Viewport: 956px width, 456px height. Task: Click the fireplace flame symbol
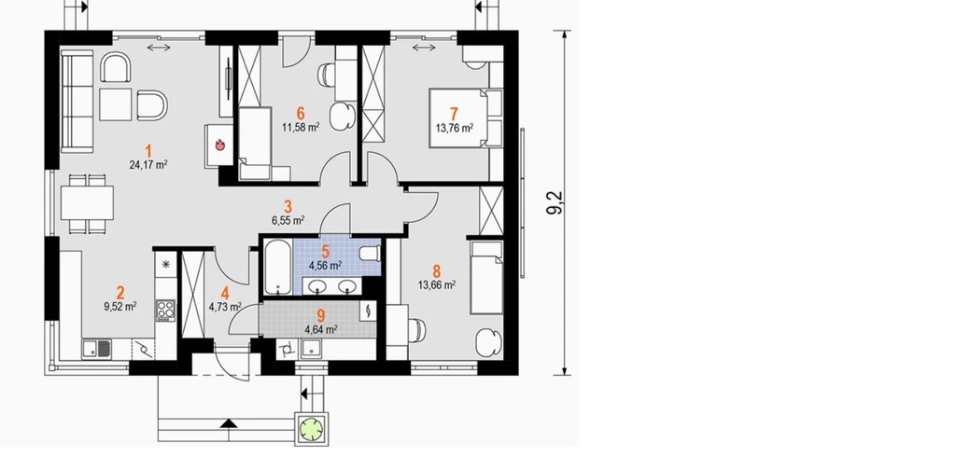point(220,145)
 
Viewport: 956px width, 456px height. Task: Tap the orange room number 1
point(148,150)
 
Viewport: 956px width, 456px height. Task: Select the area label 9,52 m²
point(120,307)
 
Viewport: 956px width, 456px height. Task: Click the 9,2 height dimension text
point(555,202)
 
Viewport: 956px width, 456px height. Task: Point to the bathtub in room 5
point(278,268)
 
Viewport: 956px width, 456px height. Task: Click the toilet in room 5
point(369,254)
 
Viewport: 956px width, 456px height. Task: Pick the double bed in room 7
point(465,118)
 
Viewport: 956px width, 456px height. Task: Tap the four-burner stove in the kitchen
point(165,310)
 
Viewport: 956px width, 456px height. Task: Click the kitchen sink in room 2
point(97,350)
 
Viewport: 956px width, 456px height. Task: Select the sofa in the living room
point(77,101)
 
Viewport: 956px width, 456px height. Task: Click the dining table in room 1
point(87,203)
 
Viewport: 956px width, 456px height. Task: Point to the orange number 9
point(321,315)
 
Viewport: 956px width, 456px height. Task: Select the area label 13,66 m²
point(437,284)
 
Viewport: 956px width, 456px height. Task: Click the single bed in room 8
point(485,278)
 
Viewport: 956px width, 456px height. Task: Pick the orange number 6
point(301,113)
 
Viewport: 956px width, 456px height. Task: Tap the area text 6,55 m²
point(288,220)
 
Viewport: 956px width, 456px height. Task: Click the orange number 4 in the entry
point(225,294)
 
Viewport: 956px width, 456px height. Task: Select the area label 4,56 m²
point(325,266)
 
